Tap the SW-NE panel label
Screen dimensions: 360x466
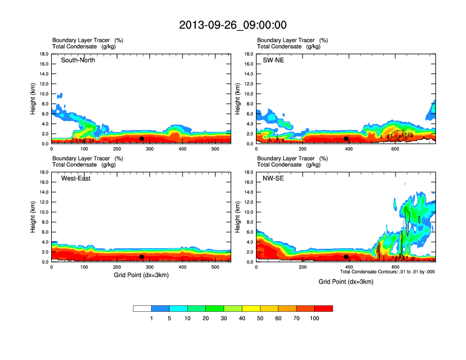click(273, 60)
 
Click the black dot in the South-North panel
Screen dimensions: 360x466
click(142, 139)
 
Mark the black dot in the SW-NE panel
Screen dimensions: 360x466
click(346, 139)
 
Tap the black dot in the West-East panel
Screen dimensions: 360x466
click(142, 257)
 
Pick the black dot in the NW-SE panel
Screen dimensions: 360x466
click(346, 257)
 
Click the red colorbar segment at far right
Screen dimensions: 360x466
click(324, 308)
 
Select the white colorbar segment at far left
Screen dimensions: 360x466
click(142, 308)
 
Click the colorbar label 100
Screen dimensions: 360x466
click(315, 318)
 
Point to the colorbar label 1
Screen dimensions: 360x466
click(151, 318)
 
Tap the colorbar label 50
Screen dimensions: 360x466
click(260, 318)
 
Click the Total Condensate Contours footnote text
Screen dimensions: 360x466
click(387, 272)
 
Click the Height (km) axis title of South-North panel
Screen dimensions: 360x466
click(34, 98)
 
